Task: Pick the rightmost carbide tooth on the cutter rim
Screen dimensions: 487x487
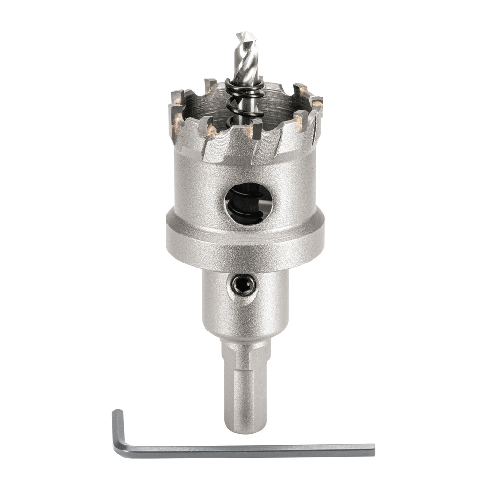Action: tap(317, 102)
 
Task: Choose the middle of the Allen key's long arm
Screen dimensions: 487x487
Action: tap(247, 450)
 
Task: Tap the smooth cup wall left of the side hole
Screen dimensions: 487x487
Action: tap(195, 190)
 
